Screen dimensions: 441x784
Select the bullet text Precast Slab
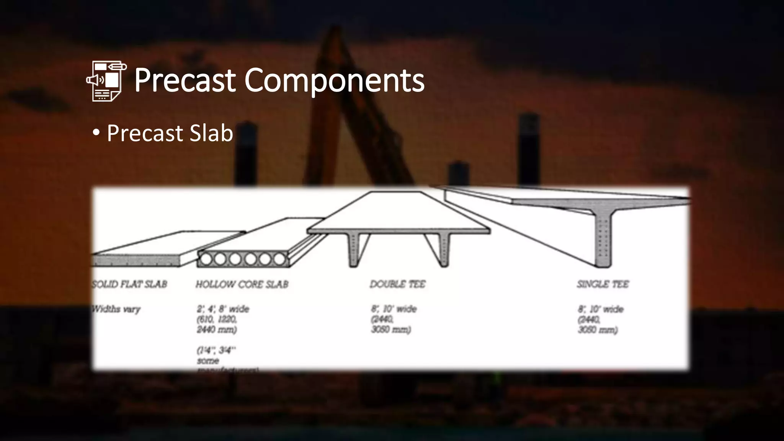(170, 133)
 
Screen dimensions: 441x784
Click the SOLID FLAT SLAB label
(129, 284)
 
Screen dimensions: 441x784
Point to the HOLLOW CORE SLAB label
(242, 284)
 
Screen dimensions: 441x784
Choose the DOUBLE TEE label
(397, 284)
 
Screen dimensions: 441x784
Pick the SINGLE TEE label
(603, 284)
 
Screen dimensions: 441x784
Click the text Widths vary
(116, 309)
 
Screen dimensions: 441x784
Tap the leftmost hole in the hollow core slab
(206, 260)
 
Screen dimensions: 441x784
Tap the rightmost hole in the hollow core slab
(279, 260)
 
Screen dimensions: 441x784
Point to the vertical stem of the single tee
(603, 241)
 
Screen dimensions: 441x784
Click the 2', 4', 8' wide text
(223, 309)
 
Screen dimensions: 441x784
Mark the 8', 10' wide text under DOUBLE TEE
(394, 309)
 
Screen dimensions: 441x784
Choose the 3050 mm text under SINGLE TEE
(597, 330)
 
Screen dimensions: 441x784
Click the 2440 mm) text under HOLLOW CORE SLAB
(217, 330)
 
